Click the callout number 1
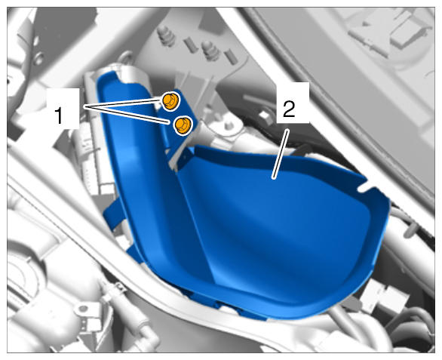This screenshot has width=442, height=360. [x=59, y=116]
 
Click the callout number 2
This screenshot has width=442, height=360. [x=289, y=109]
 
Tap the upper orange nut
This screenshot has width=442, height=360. [x=170, y=102]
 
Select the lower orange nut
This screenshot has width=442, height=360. [x=183, y=125]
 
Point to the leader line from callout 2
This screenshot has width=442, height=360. [x=280, y=154]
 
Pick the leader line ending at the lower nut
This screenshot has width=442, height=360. [x=127, y=115]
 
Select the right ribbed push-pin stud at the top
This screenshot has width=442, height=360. [x=211, y=51]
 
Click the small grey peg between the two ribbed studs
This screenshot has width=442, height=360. [x=189, y=45]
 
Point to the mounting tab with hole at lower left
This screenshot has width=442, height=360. [x=84, y=310]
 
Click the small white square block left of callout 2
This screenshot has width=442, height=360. [x=264, y=115]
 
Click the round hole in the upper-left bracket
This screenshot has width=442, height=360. [x=38, y=59]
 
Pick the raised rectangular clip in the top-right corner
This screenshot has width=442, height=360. [x=394, y=31]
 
